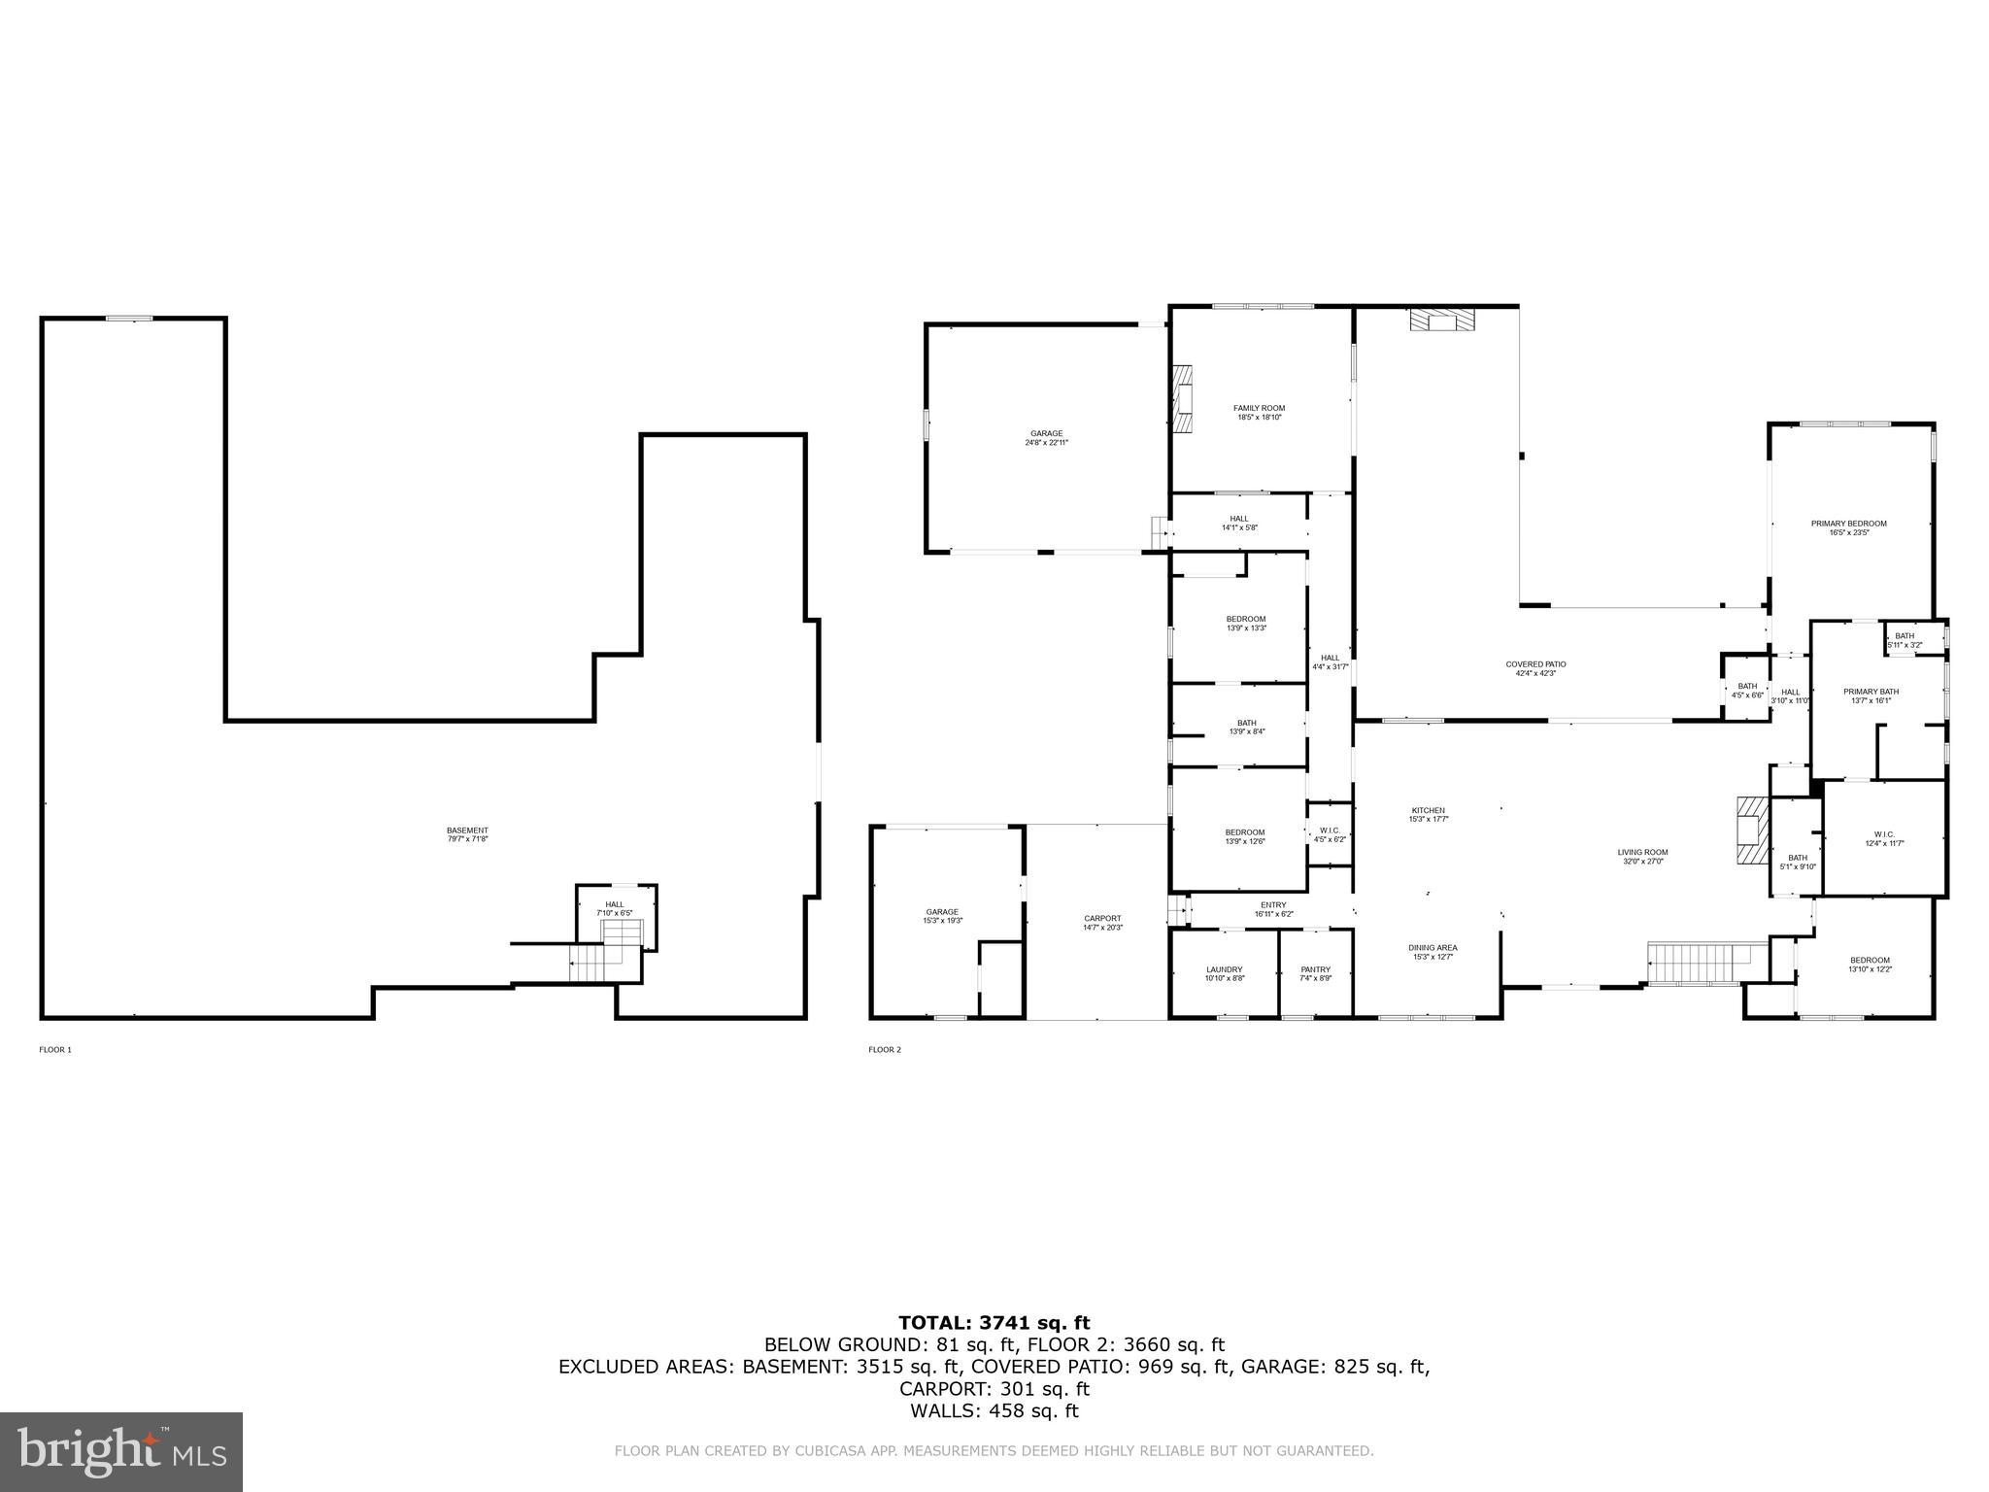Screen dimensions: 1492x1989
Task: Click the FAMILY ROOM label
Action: pos(1259,413)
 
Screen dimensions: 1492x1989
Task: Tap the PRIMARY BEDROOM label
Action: pos(1848,527)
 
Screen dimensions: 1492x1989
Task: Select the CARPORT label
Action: pos(1102,923)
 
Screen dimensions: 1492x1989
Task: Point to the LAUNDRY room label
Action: pos(1224,973)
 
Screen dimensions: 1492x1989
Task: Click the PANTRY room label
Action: pos(1315,973)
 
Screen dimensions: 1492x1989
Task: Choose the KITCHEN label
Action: pos(1428,814)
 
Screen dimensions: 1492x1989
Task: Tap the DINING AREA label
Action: pos(1433,952)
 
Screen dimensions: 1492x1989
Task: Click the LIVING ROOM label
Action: pos(1642,857)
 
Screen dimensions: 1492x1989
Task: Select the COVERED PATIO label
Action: pos(1535,668)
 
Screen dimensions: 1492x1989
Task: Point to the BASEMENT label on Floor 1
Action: pos(467,834)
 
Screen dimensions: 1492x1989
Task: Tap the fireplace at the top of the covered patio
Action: pos(1442,321)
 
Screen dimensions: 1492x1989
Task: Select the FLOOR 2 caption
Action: pos(885,1049)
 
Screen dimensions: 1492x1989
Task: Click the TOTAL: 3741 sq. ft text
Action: pos(994,1322)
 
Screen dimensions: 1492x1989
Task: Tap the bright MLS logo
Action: pos(121,1451)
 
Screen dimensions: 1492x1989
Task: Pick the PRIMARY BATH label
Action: pos(1871,695)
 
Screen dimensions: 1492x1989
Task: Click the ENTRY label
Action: pos(1272,909)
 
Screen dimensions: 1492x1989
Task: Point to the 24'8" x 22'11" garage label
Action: pos(1046,438)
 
